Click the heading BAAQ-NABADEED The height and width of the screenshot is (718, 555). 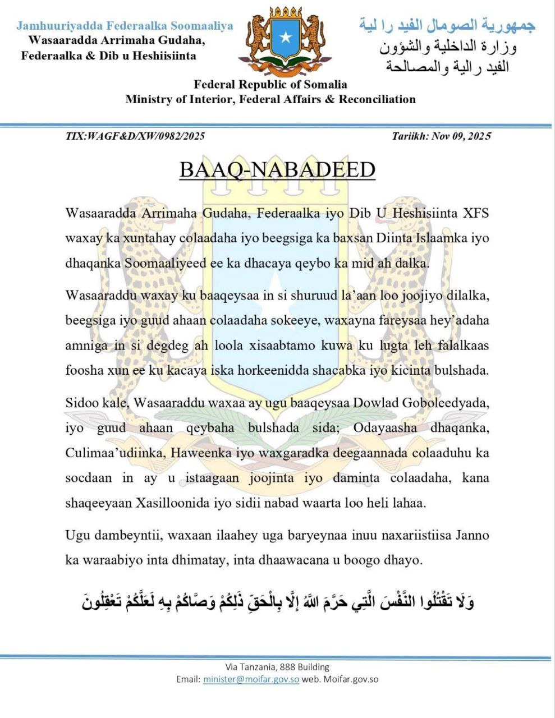(277, 169)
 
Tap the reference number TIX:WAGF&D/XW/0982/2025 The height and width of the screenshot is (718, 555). (135, 136)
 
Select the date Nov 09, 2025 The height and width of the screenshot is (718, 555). (461, 136)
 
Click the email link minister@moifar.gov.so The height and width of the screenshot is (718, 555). (251, 679)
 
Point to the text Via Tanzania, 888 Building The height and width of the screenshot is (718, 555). (277, 667)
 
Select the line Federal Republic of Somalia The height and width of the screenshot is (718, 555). (270, 85)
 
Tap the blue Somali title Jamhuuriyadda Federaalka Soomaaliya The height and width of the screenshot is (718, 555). (125, 26)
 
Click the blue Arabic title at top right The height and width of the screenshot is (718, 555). (447, 25)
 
